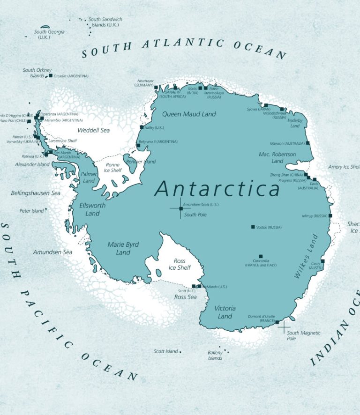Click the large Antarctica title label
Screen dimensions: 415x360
click(217, 189)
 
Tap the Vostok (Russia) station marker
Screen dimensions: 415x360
click(253, 227)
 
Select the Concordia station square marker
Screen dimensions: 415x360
click(261, 256)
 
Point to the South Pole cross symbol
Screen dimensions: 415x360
click(180, 208)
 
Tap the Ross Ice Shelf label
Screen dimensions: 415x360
click(180, 264)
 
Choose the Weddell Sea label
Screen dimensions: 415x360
click(93, 130)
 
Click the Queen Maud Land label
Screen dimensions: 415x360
click(189, 114)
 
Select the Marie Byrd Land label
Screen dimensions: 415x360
click(123, 248)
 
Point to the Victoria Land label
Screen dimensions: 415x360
click(225, 312)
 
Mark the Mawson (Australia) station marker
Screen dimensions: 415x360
click(307, 143)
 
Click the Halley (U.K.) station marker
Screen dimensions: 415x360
click(142, 127)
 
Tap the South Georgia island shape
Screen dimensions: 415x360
click(45, 27)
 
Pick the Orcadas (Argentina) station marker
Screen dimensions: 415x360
click(50, 75)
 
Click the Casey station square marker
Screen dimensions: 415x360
click(322, 261)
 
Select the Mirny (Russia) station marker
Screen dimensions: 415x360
click(330, 215)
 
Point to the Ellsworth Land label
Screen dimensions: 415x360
click(92, 209)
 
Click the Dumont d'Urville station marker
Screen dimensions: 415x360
click(277, 322)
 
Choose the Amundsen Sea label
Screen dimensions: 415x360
click(52, 252)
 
